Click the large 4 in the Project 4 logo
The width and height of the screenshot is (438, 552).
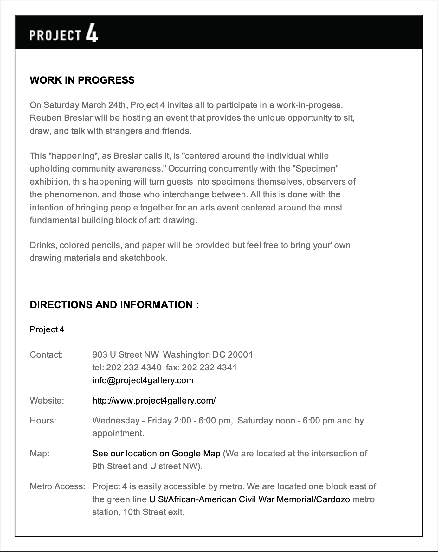(x=92, y=34)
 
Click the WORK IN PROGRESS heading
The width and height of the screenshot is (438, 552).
(x=82, y=80)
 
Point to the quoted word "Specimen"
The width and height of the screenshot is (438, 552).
(x=317, y=169)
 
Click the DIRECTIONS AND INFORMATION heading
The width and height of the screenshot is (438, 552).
(x=114, y=304)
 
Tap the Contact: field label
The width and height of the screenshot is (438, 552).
(x=46, y=354)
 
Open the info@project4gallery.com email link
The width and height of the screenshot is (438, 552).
(x=143, y=380)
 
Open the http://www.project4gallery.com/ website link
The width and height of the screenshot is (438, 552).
(x=154, y=401)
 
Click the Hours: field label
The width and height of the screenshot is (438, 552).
(x=43, y=420)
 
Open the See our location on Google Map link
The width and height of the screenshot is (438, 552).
(x=156, y=453)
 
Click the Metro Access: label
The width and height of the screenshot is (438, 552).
(x=57, y=486)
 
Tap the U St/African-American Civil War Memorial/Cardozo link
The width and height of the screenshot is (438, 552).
(x=249, y=499)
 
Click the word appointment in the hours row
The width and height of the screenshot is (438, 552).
(x=118, y=433)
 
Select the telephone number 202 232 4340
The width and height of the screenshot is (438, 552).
(x=133, y=367)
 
